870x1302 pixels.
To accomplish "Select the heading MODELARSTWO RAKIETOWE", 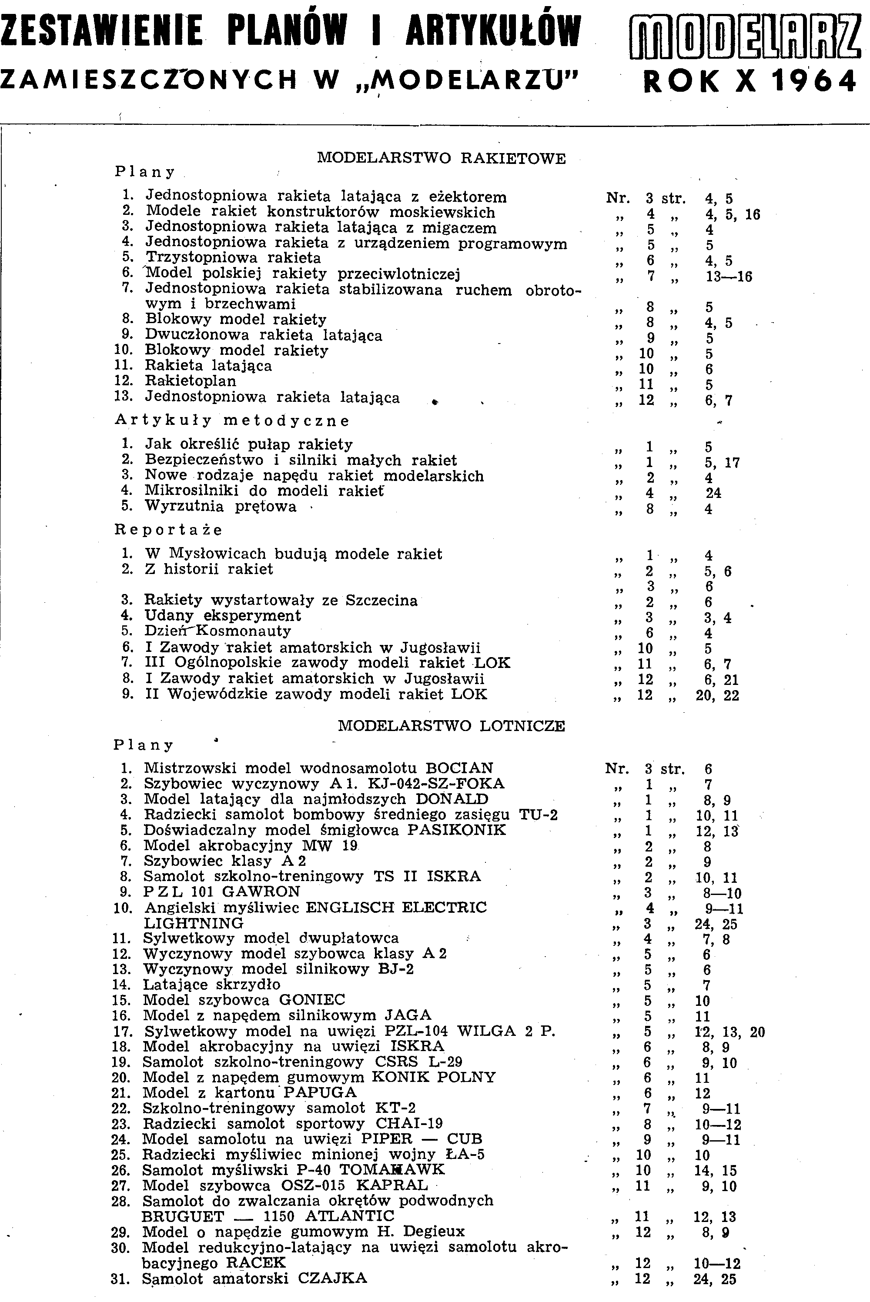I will [x=441, y=159].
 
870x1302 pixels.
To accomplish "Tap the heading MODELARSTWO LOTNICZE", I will [x=451, y=726].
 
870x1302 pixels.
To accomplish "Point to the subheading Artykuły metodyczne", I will [x=232, y=421].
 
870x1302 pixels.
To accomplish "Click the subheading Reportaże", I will [x=168, y=530].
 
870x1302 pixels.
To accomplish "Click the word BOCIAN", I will [x=459, y=768].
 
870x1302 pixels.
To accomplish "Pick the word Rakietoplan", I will [x=191, y=381].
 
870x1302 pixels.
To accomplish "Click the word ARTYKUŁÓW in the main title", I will [x=493, y=30].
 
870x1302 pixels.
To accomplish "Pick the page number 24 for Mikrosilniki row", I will [x=713, y=493].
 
